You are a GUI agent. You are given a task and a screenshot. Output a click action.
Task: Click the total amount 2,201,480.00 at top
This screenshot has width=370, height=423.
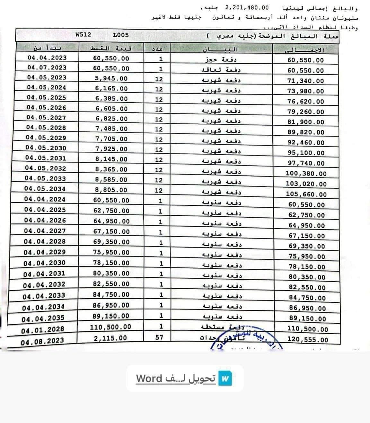click(247, 7)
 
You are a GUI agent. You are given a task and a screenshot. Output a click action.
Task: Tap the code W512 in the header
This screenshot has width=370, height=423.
click(84, 35)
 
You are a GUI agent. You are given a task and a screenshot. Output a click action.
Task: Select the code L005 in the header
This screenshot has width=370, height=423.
click(121, 35)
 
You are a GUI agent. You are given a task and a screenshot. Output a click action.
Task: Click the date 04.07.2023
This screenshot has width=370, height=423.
click(47, 67)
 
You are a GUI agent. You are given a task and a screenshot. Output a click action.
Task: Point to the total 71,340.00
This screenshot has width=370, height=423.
click(305, 81)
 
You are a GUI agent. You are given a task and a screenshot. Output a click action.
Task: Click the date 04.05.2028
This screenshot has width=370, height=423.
click(46, 128)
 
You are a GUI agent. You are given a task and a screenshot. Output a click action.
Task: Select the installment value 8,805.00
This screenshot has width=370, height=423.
click(111, 190)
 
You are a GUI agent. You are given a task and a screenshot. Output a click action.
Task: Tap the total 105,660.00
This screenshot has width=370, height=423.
click(306, 194)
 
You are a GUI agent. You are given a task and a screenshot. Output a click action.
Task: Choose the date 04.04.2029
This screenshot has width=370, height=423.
click(45, 252)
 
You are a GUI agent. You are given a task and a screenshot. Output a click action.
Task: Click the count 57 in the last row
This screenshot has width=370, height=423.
click(159, 337)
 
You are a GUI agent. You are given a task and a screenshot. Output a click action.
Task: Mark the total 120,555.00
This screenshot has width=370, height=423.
click(308, 340)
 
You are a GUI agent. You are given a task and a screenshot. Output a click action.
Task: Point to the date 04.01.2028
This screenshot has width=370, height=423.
click(43, 329)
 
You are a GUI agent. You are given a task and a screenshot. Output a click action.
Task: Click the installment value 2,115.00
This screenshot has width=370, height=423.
click(110, 338)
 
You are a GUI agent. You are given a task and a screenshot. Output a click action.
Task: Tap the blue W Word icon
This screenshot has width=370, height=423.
click(225, 378)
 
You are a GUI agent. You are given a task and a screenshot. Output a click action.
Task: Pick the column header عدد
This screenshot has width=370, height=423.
click(157, 49)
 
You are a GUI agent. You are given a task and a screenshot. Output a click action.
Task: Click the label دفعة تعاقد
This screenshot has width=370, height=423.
click(221, 70)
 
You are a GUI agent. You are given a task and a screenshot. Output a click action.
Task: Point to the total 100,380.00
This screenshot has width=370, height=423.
click(306, 174)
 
